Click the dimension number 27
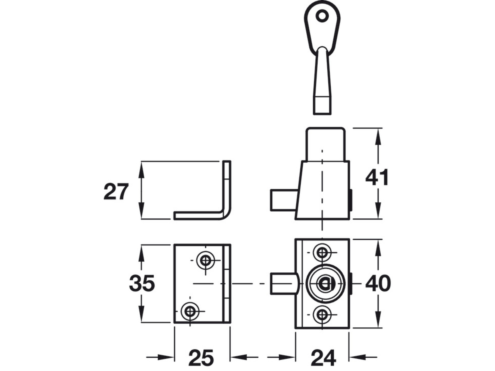[x=116, y=192]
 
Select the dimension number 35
[x=142, y=283]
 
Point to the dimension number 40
[x=378, y=283]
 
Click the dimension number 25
[x=201, y=358]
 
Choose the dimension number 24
[x=323, y=358]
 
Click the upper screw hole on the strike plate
[x=205, y=260]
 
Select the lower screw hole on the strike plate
[x=190, y=311]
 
